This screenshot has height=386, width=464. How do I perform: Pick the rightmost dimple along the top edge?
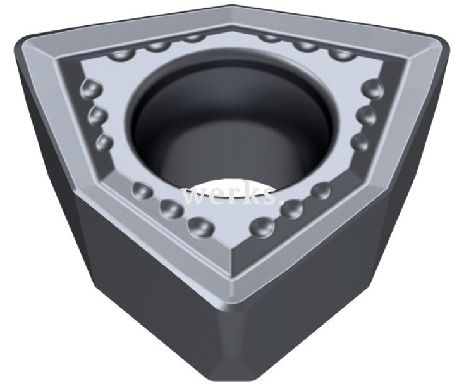[342, 53]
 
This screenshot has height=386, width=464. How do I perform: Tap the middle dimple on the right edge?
[366, 115]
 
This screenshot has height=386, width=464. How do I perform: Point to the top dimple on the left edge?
[92, 87]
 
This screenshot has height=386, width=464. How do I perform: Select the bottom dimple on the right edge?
[359, 142]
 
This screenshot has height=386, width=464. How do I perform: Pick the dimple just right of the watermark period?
[321, 189]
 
